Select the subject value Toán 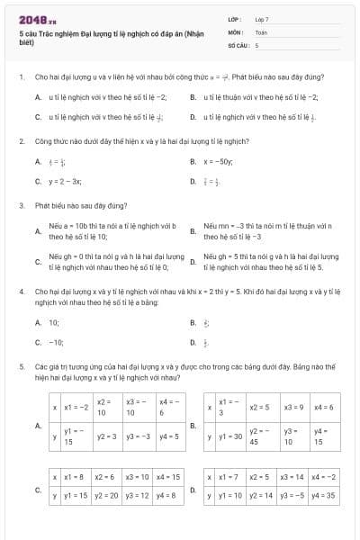coord(261,31)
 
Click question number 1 coord(20,77)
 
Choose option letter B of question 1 coord(193,96)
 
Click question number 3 coord(20,205)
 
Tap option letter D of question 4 coord(193,342)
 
